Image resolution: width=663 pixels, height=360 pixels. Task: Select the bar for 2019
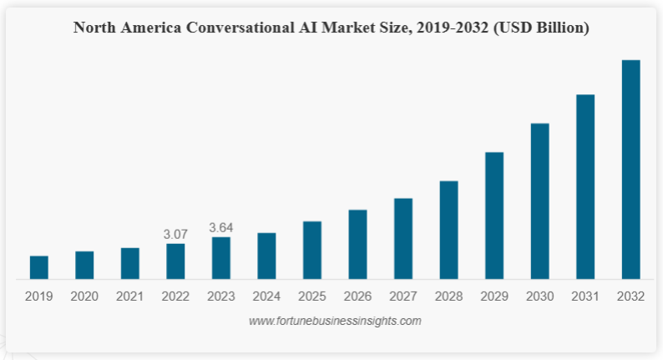tap(39, 267)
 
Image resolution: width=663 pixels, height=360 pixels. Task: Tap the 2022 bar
tap(175, 261)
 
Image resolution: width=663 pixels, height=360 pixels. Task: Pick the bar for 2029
tap(494, 215)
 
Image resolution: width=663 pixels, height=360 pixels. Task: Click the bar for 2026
tap(357, 244)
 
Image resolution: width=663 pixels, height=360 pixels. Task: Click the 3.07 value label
tap(175, 234)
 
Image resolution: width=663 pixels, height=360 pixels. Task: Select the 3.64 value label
tap(221, 227)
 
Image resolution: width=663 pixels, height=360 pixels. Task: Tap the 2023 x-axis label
tap(221, 297)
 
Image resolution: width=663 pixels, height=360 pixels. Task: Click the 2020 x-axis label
tap(84, 297)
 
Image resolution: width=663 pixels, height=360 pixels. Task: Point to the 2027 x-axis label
tap(403, 297)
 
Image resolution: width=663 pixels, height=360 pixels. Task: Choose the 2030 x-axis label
tap(539, 297)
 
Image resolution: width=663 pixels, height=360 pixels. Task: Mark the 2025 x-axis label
tap(312, 297)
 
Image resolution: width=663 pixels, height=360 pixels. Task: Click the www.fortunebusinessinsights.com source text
tap(335, 321)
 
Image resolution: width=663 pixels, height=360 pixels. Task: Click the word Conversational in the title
tap(243, 28)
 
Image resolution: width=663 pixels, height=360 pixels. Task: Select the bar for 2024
tap(266, 256)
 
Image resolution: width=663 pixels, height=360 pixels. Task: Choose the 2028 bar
tap(448, 230)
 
